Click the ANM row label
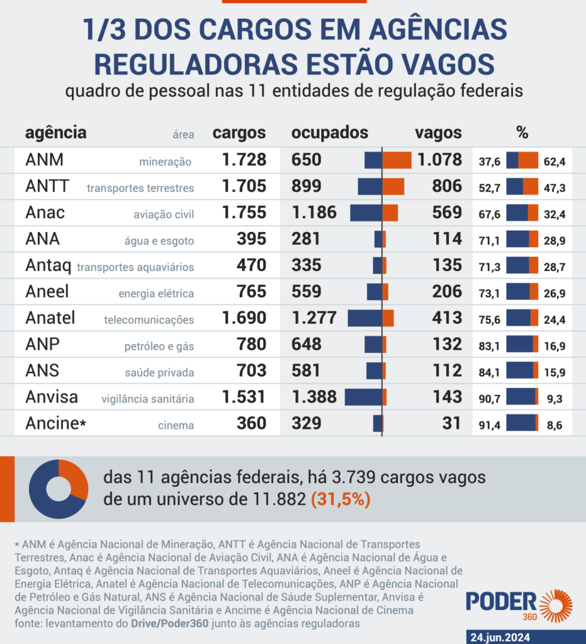45,160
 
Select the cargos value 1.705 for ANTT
244,186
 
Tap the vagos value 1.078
439,160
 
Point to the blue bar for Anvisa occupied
363,397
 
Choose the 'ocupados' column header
329,133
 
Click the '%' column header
522,133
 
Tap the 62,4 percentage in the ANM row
555,162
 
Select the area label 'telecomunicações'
149,320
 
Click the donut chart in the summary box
58,489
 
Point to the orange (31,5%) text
341,501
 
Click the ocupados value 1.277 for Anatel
314,318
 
